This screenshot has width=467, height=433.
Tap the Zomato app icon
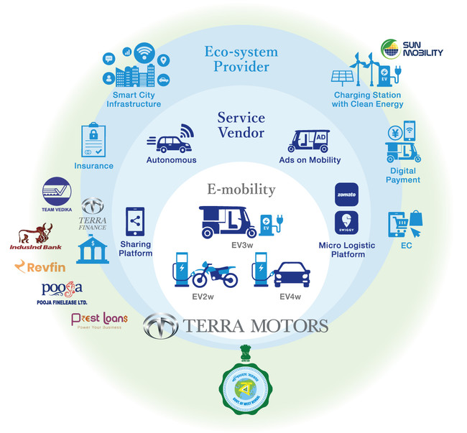[347, 195]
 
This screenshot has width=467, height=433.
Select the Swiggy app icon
[347, 223]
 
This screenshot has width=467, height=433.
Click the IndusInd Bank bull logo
[36, 233]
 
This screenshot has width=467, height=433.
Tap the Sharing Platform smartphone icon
[135, 222]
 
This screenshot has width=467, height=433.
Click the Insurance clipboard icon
[94, 141]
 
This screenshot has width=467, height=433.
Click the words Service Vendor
[241, 125]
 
